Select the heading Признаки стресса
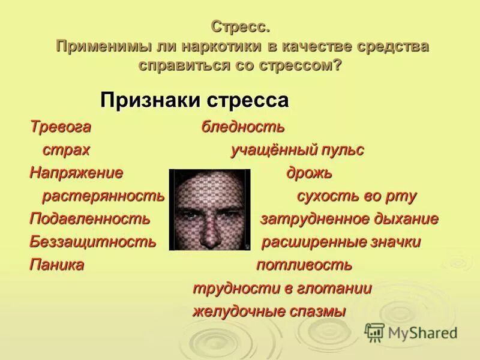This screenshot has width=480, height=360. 194,100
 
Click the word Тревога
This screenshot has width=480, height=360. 61,127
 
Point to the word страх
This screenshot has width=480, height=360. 66,150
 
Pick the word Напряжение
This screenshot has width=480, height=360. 76,173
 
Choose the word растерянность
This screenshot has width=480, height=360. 103,196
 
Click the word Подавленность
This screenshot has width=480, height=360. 90,219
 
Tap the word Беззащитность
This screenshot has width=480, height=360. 93,242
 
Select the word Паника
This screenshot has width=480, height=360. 57,265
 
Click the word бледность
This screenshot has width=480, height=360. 243,127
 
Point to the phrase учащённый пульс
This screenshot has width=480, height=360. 298,150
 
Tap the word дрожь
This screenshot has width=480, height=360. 309,173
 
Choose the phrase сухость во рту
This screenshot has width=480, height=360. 356,196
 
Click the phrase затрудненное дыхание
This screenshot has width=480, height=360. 349,219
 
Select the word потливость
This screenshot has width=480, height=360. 304,265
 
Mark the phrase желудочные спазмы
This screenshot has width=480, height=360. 269,311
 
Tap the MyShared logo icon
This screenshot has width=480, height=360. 374,332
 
